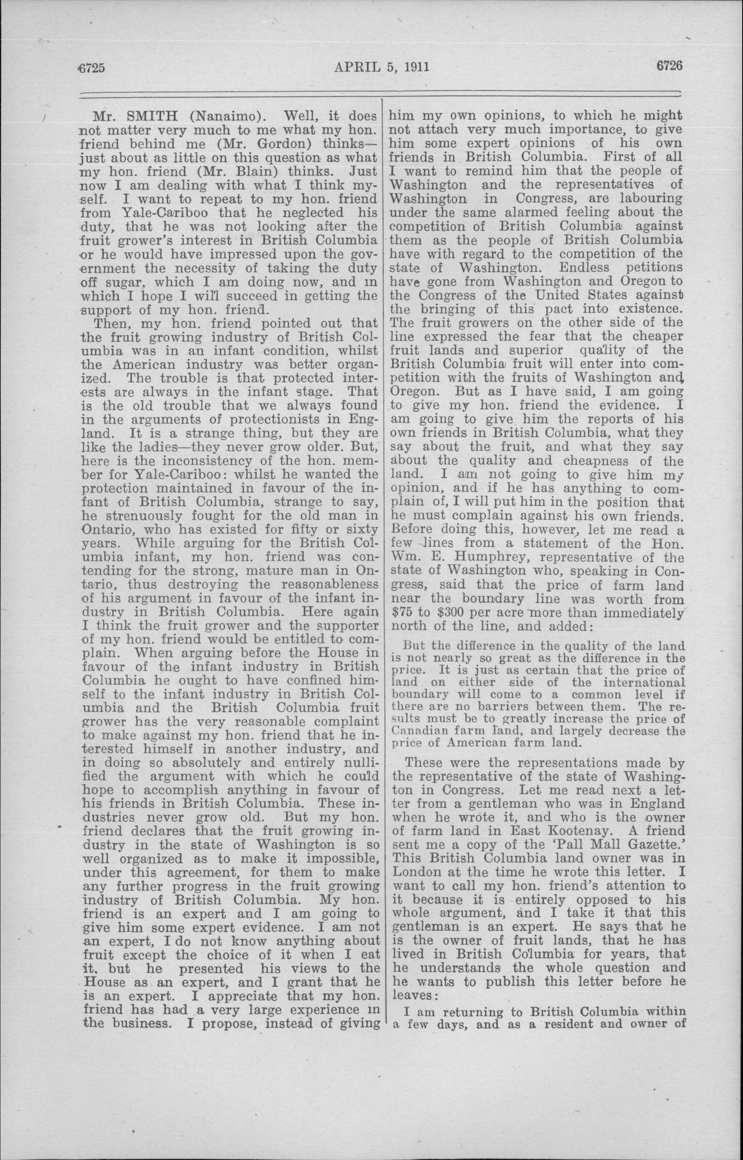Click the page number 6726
(x=669, y=65)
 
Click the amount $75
(x=403, y=613)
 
